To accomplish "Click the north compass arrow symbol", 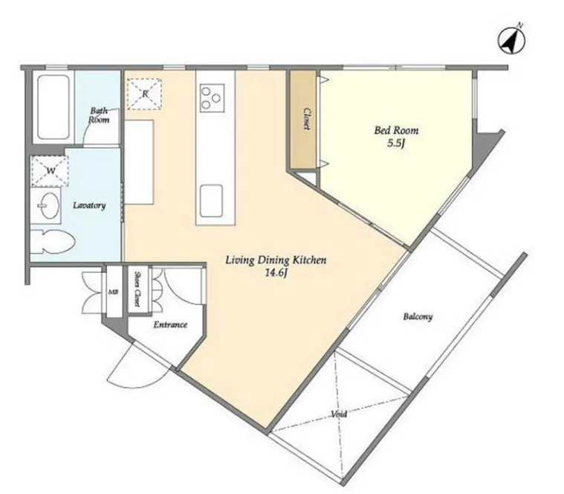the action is [511, 39].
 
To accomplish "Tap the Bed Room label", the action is [396, 130].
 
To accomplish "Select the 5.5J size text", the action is [396, 144].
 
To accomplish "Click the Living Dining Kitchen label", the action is [276, 260].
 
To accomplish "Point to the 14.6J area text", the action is [276, 273].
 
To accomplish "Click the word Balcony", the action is [418, 317].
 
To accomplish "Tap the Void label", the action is [339, 414].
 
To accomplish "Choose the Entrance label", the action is [170, 325].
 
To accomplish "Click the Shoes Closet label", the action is [137, 289].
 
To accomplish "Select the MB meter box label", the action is [111, 292].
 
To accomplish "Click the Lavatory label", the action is [89, 205].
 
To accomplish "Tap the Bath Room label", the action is [99, 115].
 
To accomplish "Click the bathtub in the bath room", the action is [54, 107].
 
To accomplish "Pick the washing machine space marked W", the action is [50, 170].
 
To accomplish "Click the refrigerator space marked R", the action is [144, 94].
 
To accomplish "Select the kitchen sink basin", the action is [212, 202].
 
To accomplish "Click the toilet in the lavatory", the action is [53, 242].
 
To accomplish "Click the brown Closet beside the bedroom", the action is [303, 120].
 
